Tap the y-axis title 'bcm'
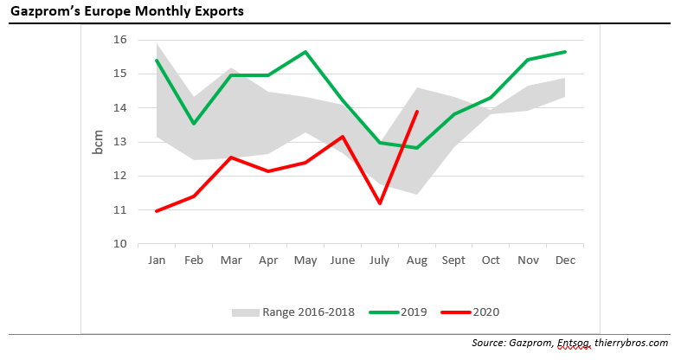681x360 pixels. (98, 141)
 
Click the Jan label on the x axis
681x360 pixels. (157, 260)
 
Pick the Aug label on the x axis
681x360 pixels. (417, 260)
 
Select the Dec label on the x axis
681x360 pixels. (566, 260)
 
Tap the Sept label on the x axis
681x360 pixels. (454, 260)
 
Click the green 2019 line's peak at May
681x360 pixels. (305, 52)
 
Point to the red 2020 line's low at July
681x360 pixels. (380, 203)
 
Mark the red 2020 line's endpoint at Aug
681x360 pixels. (418, 112)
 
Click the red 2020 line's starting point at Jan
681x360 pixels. (157, 211)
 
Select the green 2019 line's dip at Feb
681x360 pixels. (194, 124)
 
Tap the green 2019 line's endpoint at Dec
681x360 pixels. (566, 52)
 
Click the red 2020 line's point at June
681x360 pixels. (343, 137)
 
